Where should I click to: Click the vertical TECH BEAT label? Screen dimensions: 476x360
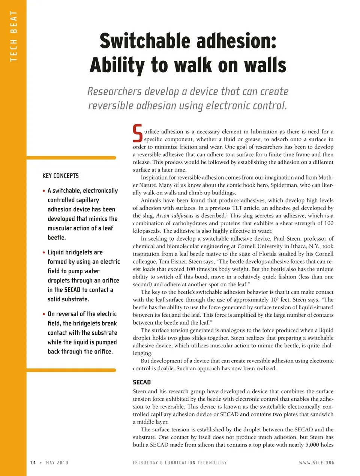tap(14, 36)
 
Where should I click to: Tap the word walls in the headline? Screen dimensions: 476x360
tap(265, 65)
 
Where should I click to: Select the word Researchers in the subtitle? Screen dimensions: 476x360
tap(114, 91)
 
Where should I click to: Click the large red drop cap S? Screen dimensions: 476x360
tap(138, 133)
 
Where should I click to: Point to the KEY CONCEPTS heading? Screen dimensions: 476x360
tap(60, 176)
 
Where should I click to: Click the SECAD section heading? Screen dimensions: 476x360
tap(142, 382)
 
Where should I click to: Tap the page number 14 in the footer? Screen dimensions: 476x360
tap(33, 463)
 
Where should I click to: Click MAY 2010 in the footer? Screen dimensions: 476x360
tap(57, 463)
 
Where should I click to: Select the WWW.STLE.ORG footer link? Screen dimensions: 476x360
tap(316, 463)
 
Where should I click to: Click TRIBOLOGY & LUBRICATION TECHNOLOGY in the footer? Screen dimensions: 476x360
tap(180, 463)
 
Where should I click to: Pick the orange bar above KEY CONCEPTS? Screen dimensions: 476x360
tap(71, 158)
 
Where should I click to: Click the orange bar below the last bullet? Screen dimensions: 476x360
tap(71, 370)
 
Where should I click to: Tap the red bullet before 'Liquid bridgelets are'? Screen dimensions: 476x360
tap(44, 253)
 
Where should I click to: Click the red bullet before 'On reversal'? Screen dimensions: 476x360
tap(44, 314)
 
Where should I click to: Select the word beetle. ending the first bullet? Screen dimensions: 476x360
tap(57, 238)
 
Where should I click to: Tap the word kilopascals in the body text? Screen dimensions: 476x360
tap(147, 231)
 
